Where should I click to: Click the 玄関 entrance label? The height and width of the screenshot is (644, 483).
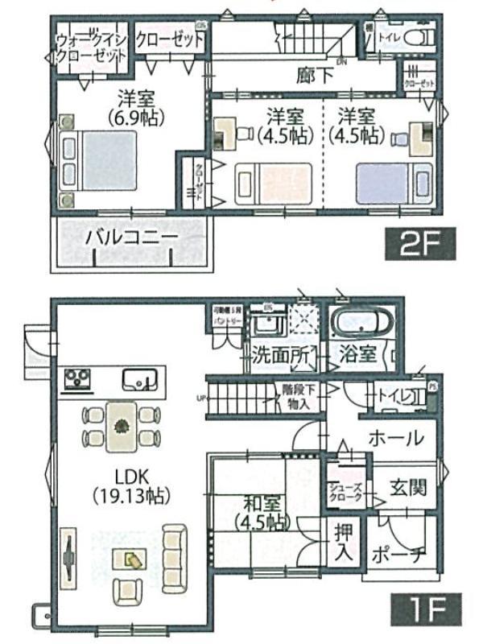coord(409,487)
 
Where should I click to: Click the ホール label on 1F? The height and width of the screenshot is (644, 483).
coord(396,439)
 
